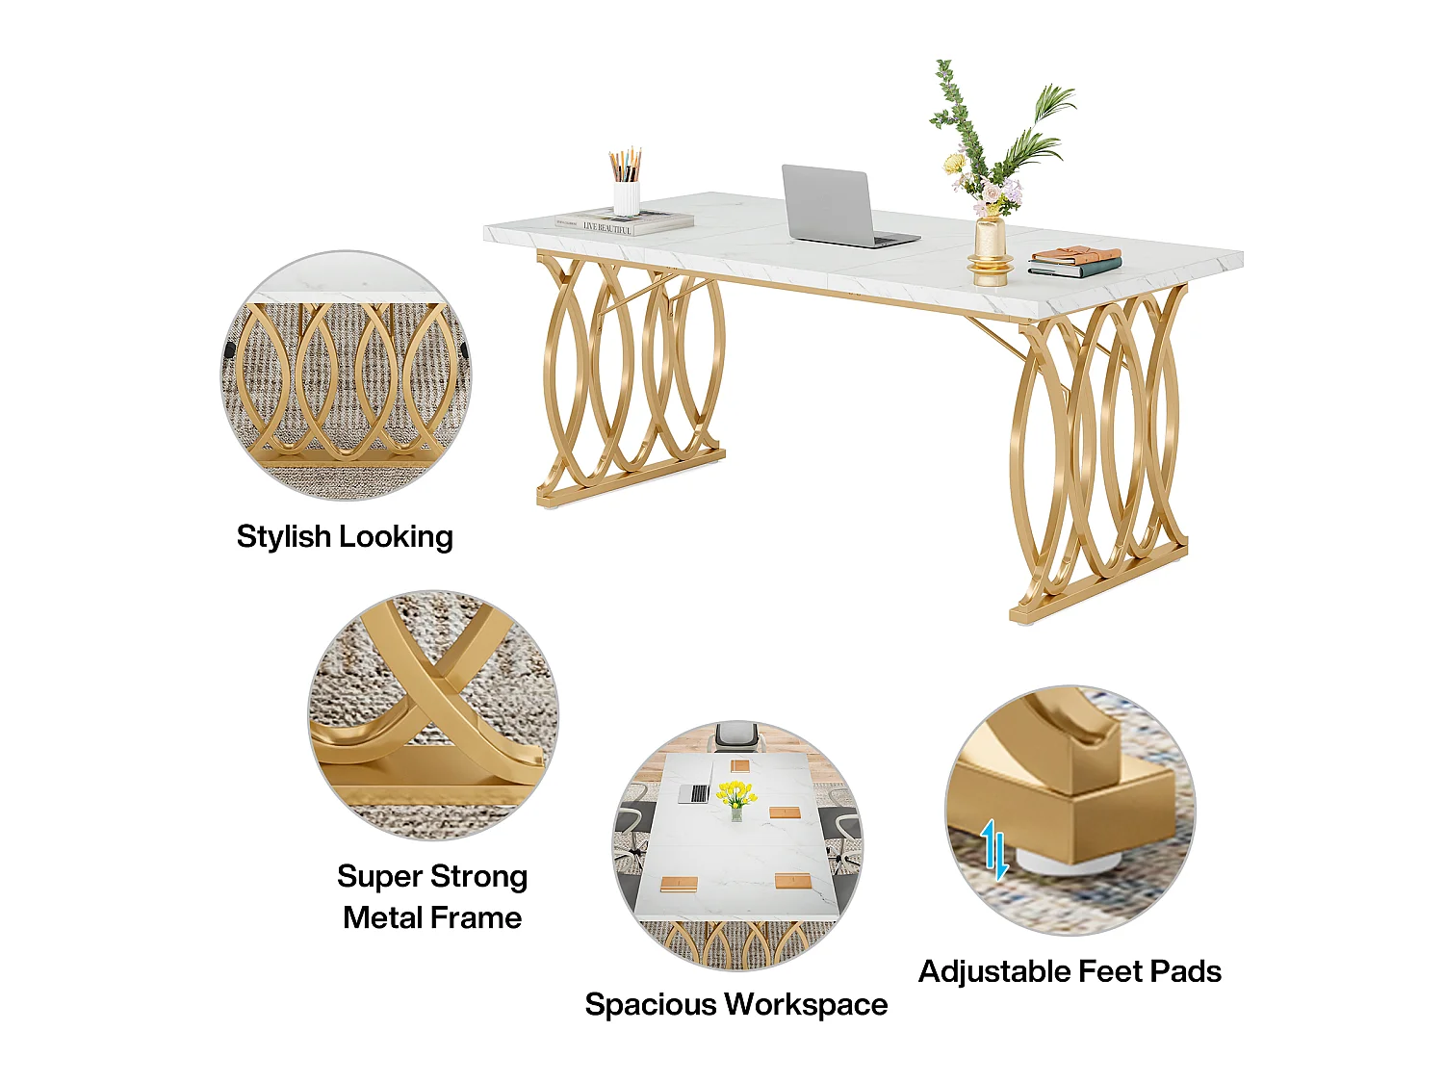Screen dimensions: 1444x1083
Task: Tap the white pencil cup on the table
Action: (x=626, y=197)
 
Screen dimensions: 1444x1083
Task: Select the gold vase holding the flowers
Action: (x=990, y=252)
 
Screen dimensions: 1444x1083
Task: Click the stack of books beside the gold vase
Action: (x=1074, y=262)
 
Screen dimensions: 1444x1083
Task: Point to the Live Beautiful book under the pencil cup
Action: (x=625, y=223)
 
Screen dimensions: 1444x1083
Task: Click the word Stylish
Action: (x=284, y=536)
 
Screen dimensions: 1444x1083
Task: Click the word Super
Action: (x=379, y=876)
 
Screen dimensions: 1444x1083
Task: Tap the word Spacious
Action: (x=651, y=1005)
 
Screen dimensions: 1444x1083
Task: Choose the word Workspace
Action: (x=807, y=1005)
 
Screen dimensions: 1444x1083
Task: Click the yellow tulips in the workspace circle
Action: (x=736, y=793)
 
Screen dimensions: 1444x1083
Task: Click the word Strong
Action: (x=478, y=877)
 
